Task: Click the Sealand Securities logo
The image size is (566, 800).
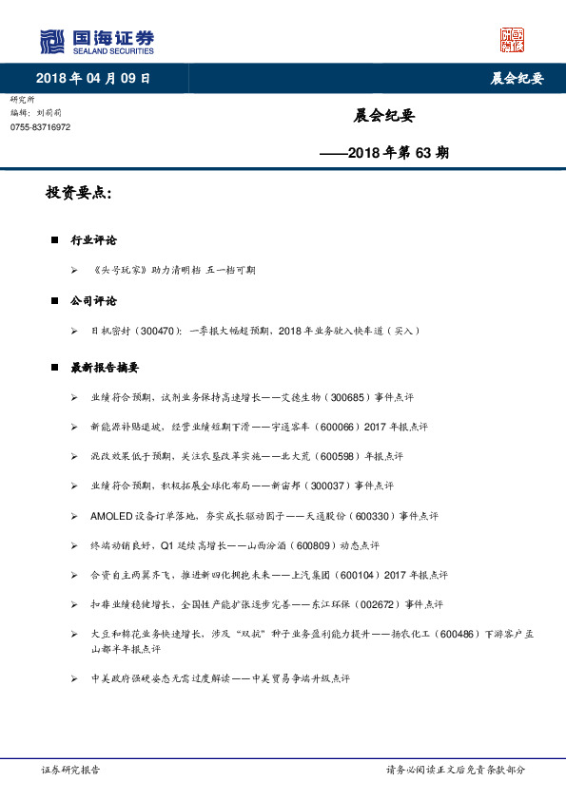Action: click(x=96, y=42)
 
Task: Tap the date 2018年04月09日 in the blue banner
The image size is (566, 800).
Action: click(x=93, y=78)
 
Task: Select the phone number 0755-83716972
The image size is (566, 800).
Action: click(x=40, y=127)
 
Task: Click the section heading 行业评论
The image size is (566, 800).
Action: click(x=94, y=240)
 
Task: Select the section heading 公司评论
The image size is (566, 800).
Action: click(x=94, y=300)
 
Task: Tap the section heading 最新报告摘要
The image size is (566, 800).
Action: click(x=105, y=367)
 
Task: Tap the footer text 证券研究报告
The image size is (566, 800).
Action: click(x=71, y=770)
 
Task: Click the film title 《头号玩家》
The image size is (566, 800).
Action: click(x=122, y=270)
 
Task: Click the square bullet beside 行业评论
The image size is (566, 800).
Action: click(x=55, y=240)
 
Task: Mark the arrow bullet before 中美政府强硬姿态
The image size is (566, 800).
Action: click(x=74, y=679)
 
